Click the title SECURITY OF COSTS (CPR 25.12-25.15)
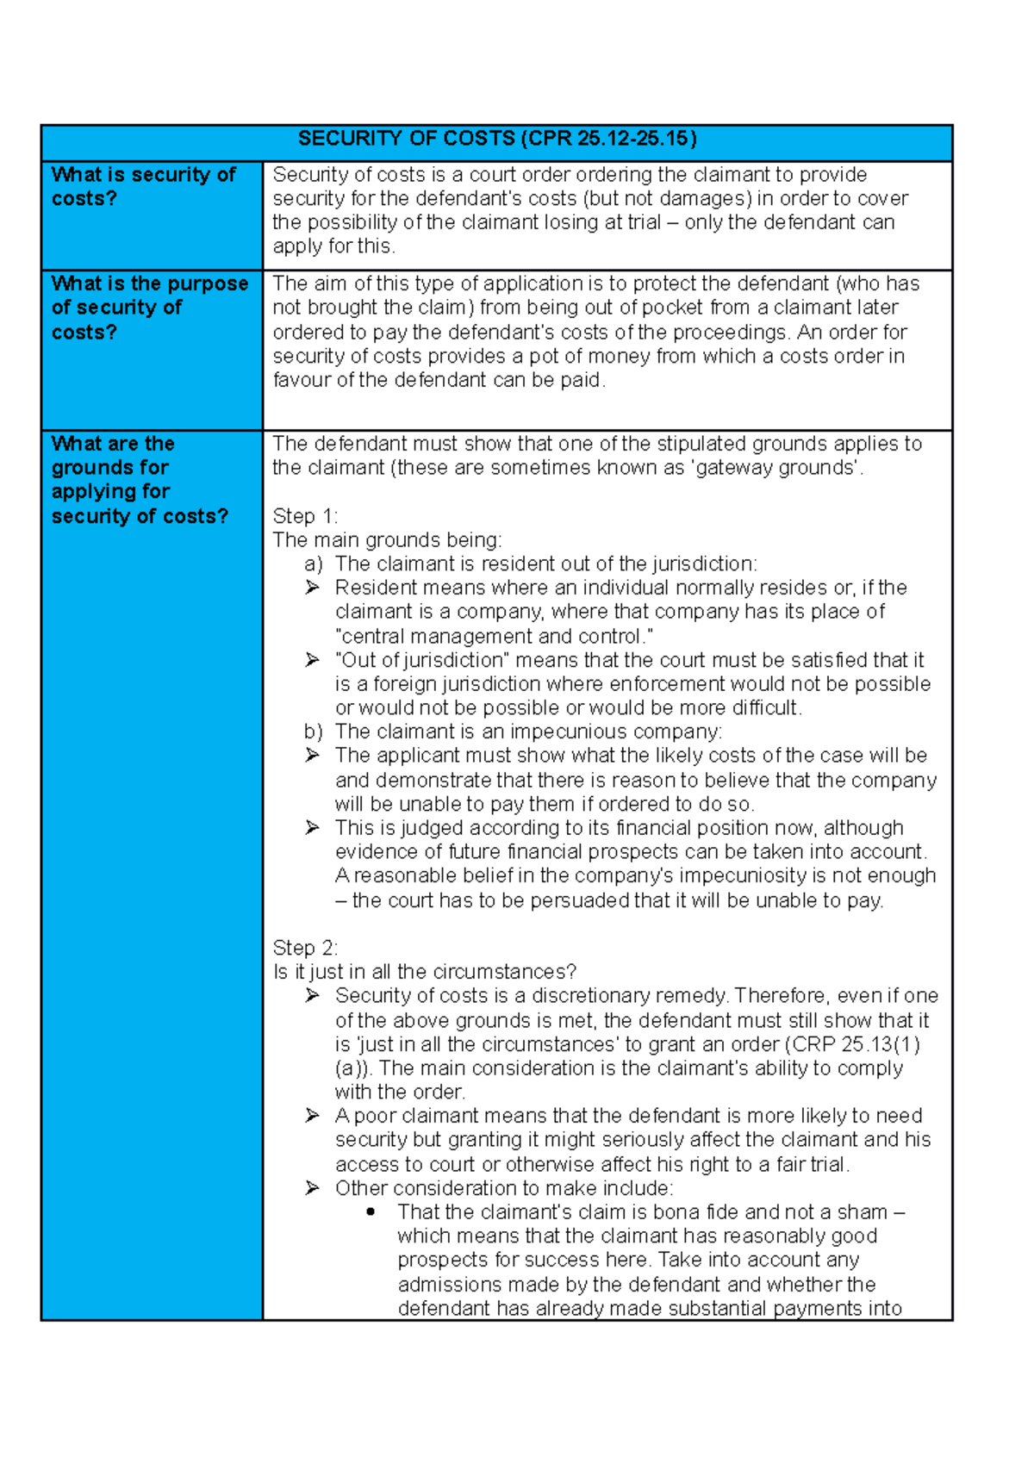point(496,139)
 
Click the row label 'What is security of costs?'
point(143,186)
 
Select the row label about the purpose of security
point(149,308)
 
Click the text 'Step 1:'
point(304,516)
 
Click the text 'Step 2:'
point(304,948)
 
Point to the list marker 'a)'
point(313,564)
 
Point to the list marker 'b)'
point(313,731)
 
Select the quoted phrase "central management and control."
point(494,636)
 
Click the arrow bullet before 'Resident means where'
point(312,588)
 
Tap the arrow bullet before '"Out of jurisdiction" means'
point(312,660)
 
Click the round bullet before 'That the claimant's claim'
point(371,1211)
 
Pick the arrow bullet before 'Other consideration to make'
point(312,1188)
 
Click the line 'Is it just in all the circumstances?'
point(424,972)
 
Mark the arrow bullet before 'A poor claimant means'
point(312,1116)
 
